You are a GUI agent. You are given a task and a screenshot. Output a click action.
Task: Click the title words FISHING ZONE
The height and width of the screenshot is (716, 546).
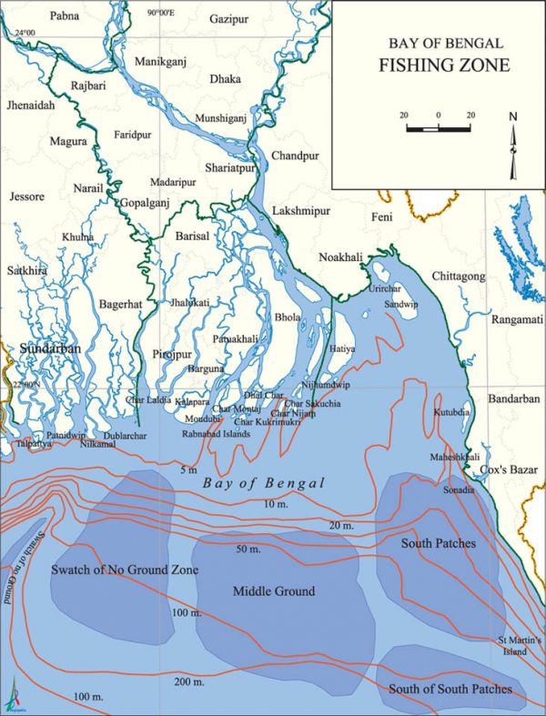click(x=438, y=66)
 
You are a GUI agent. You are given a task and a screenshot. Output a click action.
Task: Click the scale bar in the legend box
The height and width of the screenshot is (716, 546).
click(x=438, y=128)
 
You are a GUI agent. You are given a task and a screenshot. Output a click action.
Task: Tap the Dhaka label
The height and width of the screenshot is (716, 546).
click(x=225, y=79)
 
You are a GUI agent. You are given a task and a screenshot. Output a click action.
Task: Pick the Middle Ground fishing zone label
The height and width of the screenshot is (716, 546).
click(x=274, y=591)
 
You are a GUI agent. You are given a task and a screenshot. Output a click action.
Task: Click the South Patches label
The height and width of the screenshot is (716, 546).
click(x=439, y=543)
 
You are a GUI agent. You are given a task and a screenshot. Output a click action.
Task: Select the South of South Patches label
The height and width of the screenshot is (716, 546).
click(x=450, y=689)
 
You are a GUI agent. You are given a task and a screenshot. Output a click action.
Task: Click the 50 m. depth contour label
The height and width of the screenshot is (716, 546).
click(x=248, y=550)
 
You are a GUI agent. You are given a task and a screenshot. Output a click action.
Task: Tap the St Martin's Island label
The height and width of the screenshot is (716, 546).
click(x=519, y=646)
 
